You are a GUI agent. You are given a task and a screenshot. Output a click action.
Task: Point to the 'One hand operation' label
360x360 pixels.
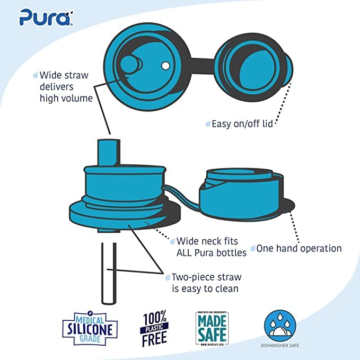point(299,248)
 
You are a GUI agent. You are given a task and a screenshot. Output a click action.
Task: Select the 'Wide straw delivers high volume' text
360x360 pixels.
point(66,86)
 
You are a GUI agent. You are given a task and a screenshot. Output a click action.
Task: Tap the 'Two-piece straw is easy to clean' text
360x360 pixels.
point(205,283)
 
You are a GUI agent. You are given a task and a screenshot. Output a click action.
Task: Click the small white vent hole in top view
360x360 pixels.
point(165,65)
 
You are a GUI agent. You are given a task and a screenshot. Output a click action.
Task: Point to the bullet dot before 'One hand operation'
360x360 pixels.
point(253,248)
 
